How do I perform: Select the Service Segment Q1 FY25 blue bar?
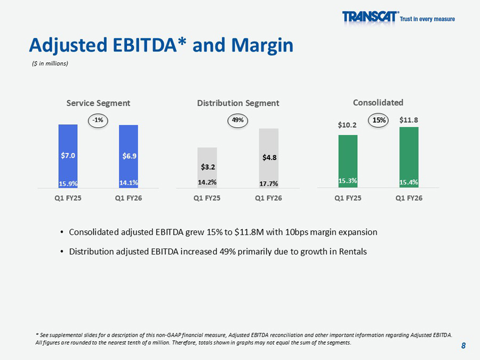tap(68, 156)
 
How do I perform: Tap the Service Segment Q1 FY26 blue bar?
tap(129, 156)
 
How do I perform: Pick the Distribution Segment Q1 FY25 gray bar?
tap(207, 167)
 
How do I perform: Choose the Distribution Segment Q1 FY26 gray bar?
tap(268, 158)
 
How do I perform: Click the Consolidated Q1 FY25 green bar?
tap(348, 161)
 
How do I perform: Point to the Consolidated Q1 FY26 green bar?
tap(409, 157)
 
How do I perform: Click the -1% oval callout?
tap(98, 121)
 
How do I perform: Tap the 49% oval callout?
tap(238, 121)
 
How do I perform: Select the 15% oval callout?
tap(379, 121)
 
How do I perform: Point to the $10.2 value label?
tap(348, 125)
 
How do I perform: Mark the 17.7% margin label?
tap(268, 183)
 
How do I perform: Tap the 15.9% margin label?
tap(68, 183)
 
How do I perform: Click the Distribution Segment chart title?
tap(238, 103)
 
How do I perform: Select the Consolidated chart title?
tap(378, 102)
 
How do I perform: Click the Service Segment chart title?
tap(98, 103)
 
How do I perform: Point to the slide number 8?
tap(463, 346)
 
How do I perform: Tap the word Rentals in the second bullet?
tap(352, 252)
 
